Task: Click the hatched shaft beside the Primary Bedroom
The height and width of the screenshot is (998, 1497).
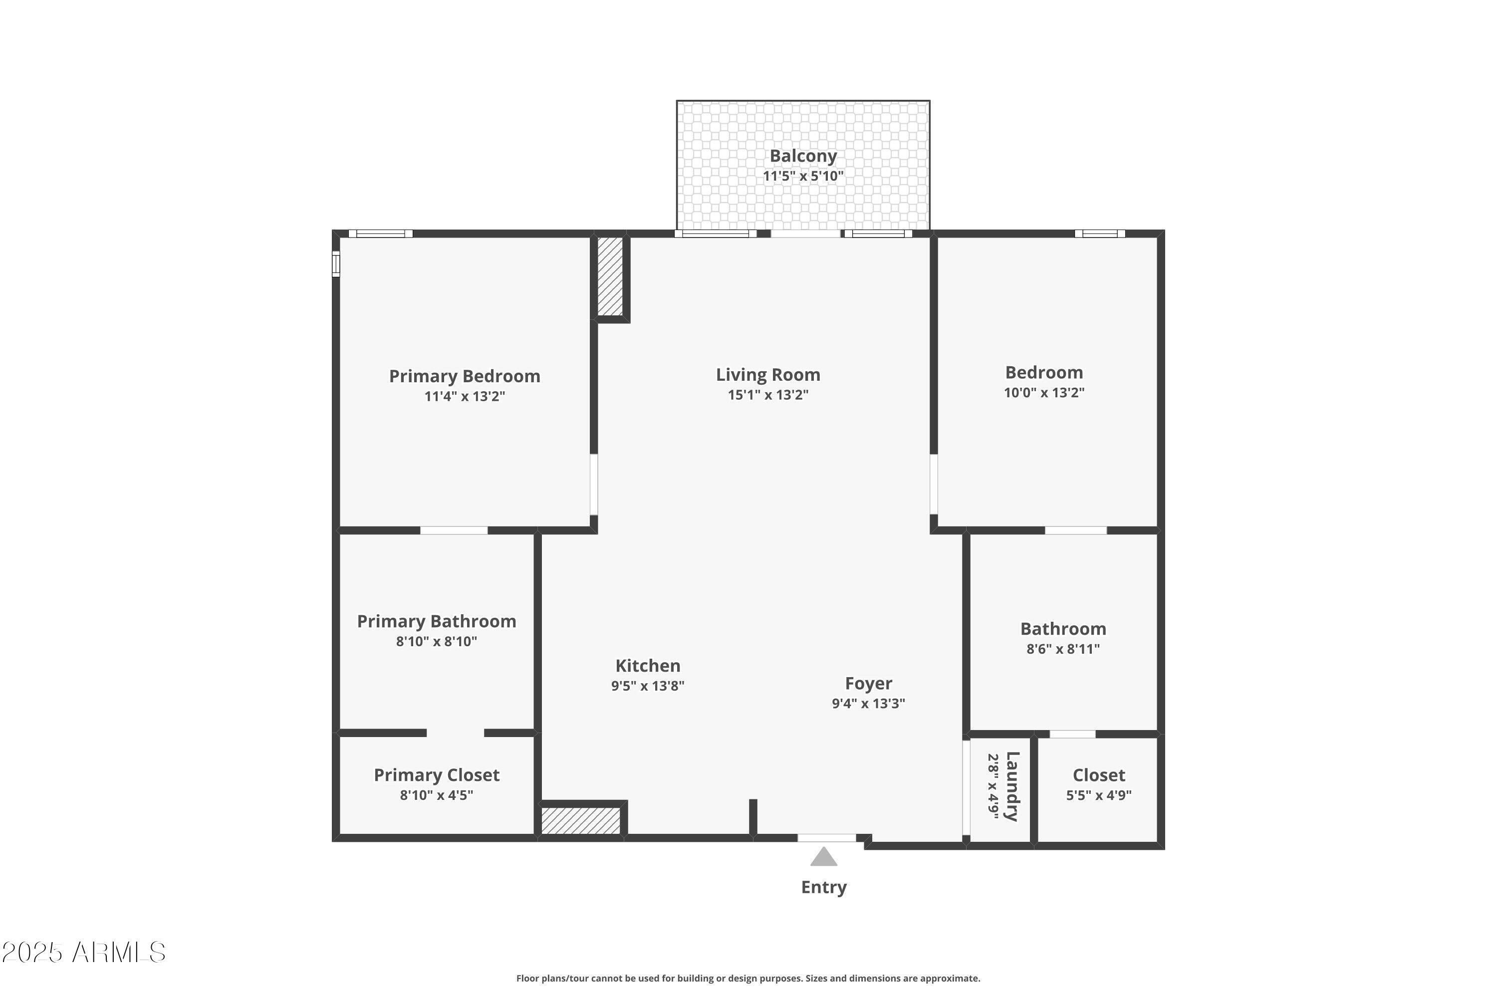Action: (610, 276)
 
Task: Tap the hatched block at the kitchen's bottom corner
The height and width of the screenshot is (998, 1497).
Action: (580, 821)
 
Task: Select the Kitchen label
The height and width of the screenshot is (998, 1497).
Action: (647, 666)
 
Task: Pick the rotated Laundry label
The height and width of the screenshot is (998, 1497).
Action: (1012, 787)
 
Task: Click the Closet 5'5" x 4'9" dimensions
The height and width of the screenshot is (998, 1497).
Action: (1099, 795)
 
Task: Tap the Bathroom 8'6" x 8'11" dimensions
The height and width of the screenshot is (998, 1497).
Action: (1062, 649)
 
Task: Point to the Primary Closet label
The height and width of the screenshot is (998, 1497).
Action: (436, 775)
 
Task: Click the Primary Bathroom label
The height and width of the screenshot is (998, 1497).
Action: (436, 621)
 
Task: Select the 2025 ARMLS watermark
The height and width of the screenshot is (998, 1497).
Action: (83, 953)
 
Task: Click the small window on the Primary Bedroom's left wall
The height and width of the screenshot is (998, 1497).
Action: (336, 263)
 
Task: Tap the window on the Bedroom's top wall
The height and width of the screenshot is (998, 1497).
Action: (1099, 234)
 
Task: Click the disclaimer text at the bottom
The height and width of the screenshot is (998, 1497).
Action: (748, 978)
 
